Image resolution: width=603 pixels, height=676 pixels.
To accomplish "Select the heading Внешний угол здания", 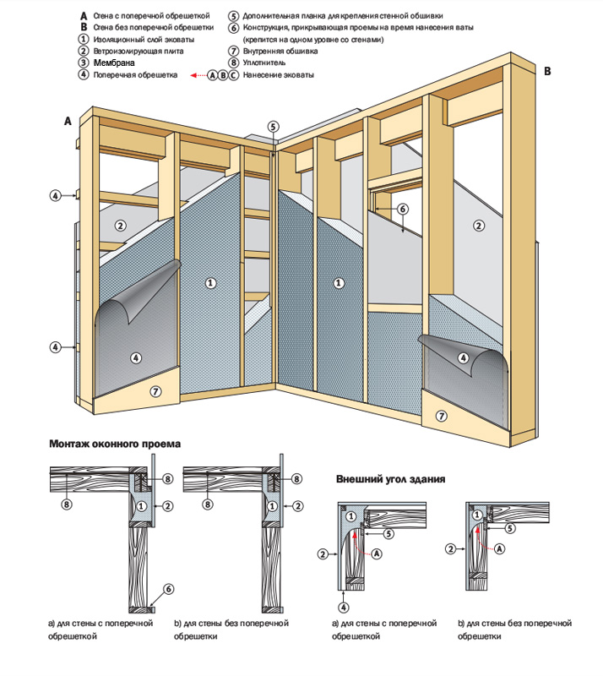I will coord(390,479).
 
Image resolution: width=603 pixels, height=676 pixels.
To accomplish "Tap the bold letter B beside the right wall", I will coord(546,73).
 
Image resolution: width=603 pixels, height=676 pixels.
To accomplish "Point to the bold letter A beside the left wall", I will coord(68,122).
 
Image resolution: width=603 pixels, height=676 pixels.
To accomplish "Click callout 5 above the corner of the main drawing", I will coord(273,126).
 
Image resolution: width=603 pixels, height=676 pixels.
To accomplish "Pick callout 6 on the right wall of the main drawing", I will coord(402,209).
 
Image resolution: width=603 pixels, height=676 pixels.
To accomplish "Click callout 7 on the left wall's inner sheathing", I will coord(155,390).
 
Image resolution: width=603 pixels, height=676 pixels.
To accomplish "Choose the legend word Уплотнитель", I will coord(263,63).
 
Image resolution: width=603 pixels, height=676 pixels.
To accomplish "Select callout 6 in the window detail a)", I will coord(168,589).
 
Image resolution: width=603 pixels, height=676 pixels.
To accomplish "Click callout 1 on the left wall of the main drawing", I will coord(210,282).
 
